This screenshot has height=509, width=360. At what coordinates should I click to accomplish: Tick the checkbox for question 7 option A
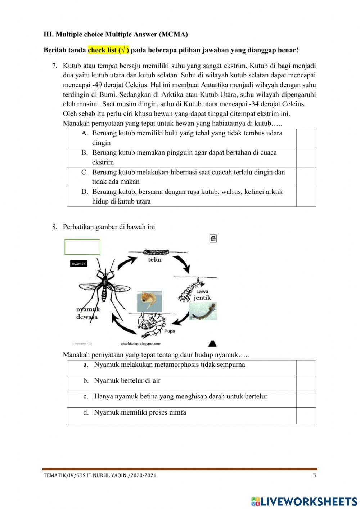pyautogui.click(x=306, y=138)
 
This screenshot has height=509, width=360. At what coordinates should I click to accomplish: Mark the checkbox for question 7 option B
pyautogui.click(x=306, y=158)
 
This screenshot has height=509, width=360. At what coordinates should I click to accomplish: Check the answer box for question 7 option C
pyautogui.click(x=306, y=177)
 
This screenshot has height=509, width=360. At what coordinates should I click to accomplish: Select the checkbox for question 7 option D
pyautogui.click(x=306, y=197)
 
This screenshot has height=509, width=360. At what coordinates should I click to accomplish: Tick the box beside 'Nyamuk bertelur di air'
pyautogui.click(x=306, y=384)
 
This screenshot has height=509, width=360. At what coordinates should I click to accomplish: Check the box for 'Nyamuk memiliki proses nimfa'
pyautogui.click(x=306, y=416)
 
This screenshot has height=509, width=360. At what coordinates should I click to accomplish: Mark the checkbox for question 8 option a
pyautogui.click(x=306, y=368)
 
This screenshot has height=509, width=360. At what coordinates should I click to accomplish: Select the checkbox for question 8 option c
pyautogui.click(x=306, y=400)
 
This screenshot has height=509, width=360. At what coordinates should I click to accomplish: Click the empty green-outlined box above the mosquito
pyautogui.click(x=82, y=247)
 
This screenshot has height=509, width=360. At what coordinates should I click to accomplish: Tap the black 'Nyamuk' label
pyautogui.click(x=78, y=264)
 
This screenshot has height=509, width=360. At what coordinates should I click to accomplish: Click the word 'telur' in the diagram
pyautogui.click(x=155, y=259)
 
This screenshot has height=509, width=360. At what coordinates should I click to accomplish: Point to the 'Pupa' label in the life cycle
pyautogui.click(x=169, y=331)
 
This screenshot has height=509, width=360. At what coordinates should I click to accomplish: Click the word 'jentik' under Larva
pyautogui.click(x=202, y=298)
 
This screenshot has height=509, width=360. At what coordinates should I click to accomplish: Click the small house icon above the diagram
pyautogui.click(x=213, y=238)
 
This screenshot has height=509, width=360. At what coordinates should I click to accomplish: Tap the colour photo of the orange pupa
pyautogui.click(x=149, y=301)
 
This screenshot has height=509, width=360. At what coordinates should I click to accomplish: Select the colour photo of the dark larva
pyautogui.click(x=203, y=311)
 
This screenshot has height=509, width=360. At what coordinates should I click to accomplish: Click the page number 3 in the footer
pyautogui.click(x=314, y=475)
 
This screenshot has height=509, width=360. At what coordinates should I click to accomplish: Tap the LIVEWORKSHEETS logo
pyautogui.click(x=304, y=501)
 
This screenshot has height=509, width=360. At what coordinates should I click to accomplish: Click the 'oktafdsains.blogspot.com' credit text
pyautogui.click(x=141, y=344)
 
